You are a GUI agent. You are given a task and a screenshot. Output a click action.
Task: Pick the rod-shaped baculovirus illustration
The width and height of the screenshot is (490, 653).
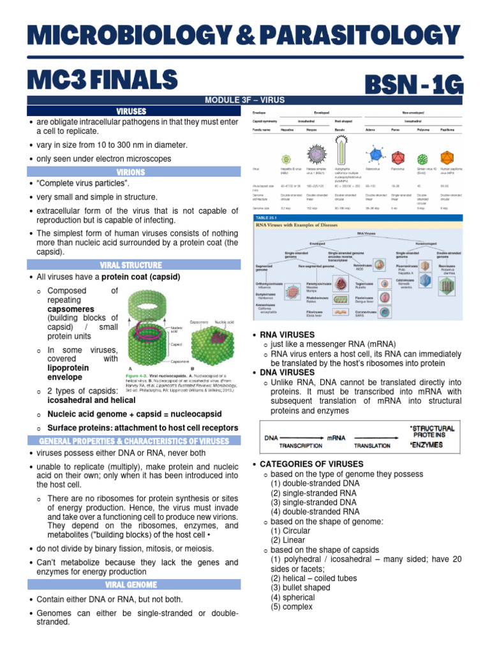click(343, 149)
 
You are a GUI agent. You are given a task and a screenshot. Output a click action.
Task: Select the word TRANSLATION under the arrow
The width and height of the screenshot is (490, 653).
click(372, 446)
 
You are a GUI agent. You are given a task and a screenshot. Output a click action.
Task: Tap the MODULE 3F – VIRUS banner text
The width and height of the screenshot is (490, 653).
click(244, 100)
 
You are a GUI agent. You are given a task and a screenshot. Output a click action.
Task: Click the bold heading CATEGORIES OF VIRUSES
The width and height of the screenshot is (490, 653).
click(307, 464)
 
